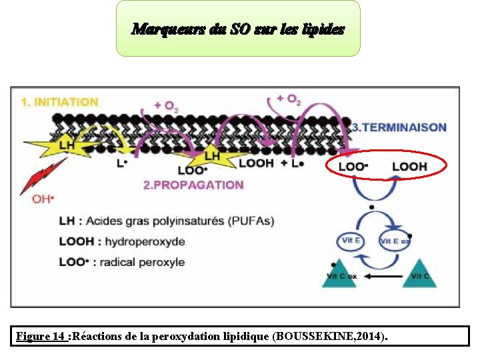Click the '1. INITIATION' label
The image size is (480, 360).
[59, 102]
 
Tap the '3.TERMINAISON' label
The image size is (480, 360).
[399, 127]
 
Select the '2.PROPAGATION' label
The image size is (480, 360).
[193, 185]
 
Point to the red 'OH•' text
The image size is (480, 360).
[43, 199]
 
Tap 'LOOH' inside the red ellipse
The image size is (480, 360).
[409, 165]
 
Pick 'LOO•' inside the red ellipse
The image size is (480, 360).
[353, 165]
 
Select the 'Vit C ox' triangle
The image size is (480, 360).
[341, 274]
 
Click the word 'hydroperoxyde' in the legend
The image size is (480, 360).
[139, 241]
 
